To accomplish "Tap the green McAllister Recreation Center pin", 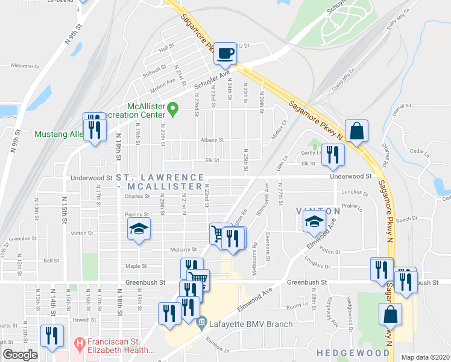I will pyautogui.click(x=173, y=109).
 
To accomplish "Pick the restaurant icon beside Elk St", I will pyautogui.click(x=332, y=155).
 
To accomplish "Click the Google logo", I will pyautogui.click(x=20, y=355).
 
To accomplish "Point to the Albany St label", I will pyautogui.click(x=212, y=139).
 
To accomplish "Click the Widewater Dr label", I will pyautogui.click(x=24, y=66).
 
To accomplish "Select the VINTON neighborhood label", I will pyautogui.click(x=311, y=210).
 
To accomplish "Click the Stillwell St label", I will pyautogui.click(x=153, y=70).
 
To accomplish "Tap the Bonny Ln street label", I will pyautogui.click(x=297, y=306).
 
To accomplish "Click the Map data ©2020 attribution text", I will pyautogui.click(x=425, y=357).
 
